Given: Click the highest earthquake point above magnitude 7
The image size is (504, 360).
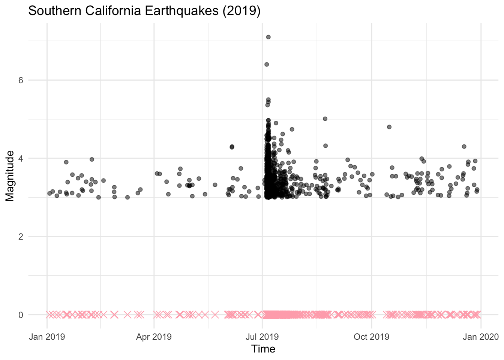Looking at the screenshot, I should pyautogui.click(x=268, y=37).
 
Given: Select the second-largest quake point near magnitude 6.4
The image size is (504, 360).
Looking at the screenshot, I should pyautogui.click(x=267, y=64).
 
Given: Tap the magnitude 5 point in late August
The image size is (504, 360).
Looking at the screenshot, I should pyautogui.click(x=325, y=118).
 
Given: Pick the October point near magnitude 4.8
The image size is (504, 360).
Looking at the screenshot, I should pyautogui.click(x=389, y=127).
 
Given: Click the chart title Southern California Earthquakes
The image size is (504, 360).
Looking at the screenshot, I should pyautogui.click(x=144, y=11).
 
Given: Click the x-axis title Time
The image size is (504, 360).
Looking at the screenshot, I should pyautogui.click(x=263, y=349).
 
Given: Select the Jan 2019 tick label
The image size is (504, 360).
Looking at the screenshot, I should pyautogui.click(x=47, y=336).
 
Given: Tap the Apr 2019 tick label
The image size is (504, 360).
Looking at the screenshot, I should pyautogui.click(x=154, y=336).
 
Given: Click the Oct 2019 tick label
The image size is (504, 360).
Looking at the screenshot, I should pyautogui.click(x=372, y=336).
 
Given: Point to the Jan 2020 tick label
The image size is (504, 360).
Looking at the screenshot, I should pyautogui.click(x=481, y=336).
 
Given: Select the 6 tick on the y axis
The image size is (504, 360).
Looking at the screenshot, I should pyautogui.click(x=21, y=80).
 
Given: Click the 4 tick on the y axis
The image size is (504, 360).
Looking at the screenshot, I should pyautogui.click(x=21, y=158).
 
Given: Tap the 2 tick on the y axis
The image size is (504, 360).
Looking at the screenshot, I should pyautogui.click(x=21, y=237).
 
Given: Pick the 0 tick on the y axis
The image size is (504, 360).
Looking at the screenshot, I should pyautogui.click(x=21, y=315).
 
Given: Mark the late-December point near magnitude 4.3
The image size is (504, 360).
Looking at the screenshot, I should pyautogui.click(x=464, y=146).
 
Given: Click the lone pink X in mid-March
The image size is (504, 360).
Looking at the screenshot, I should pyautogui.click(x=127, y=315).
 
